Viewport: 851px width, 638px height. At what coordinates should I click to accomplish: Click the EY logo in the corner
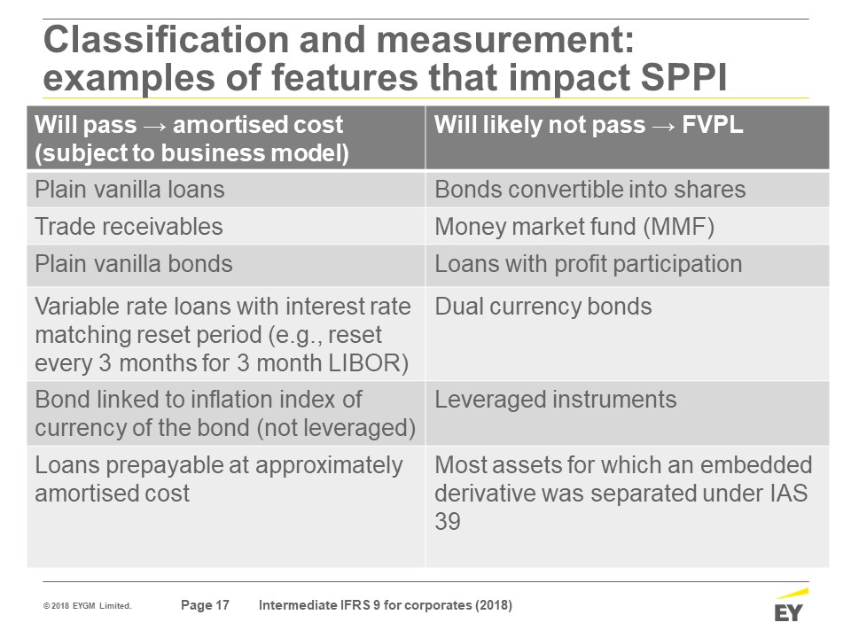pos(790,605)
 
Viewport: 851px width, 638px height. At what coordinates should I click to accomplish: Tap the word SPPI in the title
pos(683,77)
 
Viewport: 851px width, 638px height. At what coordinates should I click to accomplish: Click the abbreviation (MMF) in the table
pos(678,227)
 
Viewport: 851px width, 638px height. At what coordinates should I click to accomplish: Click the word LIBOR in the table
pos(369,363)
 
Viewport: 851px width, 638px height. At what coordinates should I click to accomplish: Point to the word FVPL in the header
pos(712,125)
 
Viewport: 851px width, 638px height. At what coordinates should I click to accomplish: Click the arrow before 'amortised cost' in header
pos(154,126)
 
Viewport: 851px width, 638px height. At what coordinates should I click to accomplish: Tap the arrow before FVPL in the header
pos(664,126)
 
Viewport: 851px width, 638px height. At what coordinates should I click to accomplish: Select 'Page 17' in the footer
pos(205,605)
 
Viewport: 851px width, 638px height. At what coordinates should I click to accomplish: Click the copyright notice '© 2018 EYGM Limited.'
pos(88,606)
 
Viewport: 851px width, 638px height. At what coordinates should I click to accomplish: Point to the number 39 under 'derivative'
pos(448,521)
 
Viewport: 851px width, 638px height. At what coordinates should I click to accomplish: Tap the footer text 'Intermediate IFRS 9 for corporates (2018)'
pos(386,605)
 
